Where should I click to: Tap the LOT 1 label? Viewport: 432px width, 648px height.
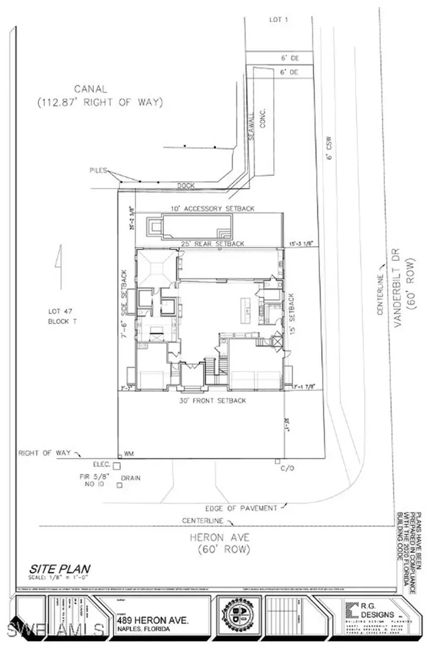coord(277,20)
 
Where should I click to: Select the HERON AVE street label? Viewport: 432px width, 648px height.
coord(219,537)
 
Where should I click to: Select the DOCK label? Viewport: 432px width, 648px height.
coord(186,185)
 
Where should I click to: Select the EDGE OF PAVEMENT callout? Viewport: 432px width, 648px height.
coord(240,508)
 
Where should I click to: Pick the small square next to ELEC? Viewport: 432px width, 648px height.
coord(116,465)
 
